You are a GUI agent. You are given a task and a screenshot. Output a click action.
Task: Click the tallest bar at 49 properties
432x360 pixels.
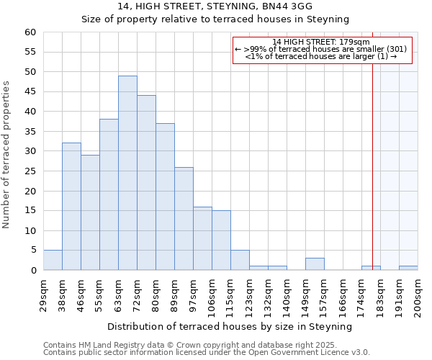tap(127, 173)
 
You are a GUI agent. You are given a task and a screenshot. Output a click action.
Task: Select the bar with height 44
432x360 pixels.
tap(146, 183)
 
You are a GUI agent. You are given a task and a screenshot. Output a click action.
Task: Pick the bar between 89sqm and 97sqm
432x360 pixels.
tap(184, 219)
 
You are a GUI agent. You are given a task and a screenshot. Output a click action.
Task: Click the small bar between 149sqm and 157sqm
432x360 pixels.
tap(315, 264)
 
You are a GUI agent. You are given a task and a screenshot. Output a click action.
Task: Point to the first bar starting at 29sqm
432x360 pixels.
tap(53, 261)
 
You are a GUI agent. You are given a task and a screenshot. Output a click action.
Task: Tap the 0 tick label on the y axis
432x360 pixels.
tap(32, 271)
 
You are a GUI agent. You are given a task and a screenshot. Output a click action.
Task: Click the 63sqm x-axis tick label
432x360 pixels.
tap(119, 294)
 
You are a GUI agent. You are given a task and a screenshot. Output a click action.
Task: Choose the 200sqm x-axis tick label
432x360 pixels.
tap(418, 295)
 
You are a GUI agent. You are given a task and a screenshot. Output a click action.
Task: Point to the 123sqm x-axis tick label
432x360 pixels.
tap(250, 295)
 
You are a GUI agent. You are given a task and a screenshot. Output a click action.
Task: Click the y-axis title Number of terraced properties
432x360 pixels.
tap(7, 154)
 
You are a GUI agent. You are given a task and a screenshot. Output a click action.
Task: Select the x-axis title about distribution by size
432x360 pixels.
tap(230, 326)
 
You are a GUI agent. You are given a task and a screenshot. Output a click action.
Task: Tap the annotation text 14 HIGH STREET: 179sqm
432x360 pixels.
tap(321, 42)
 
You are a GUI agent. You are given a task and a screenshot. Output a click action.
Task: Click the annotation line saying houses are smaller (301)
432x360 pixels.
tap(321, 49)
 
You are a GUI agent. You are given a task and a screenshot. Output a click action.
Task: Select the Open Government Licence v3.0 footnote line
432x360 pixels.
tap(206, 352)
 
